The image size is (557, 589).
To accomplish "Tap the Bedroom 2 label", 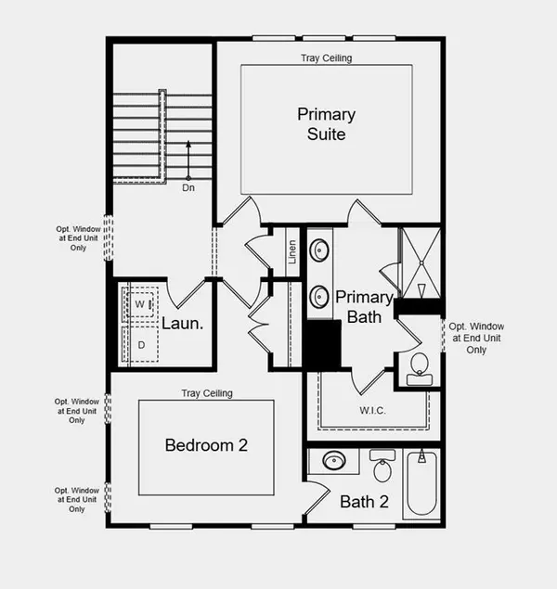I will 206,445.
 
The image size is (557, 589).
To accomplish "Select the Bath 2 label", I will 364,503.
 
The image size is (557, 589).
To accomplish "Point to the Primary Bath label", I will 365,307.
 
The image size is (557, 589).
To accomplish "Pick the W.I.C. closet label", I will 374,409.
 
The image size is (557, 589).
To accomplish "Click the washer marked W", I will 140,303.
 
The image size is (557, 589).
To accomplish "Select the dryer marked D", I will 140,344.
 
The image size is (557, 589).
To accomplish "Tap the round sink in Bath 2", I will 332,461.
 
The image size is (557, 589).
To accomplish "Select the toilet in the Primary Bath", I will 417,365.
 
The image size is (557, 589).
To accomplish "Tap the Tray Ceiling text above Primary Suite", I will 326,58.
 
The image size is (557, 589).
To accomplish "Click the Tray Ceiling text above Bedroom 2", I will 206,393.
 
